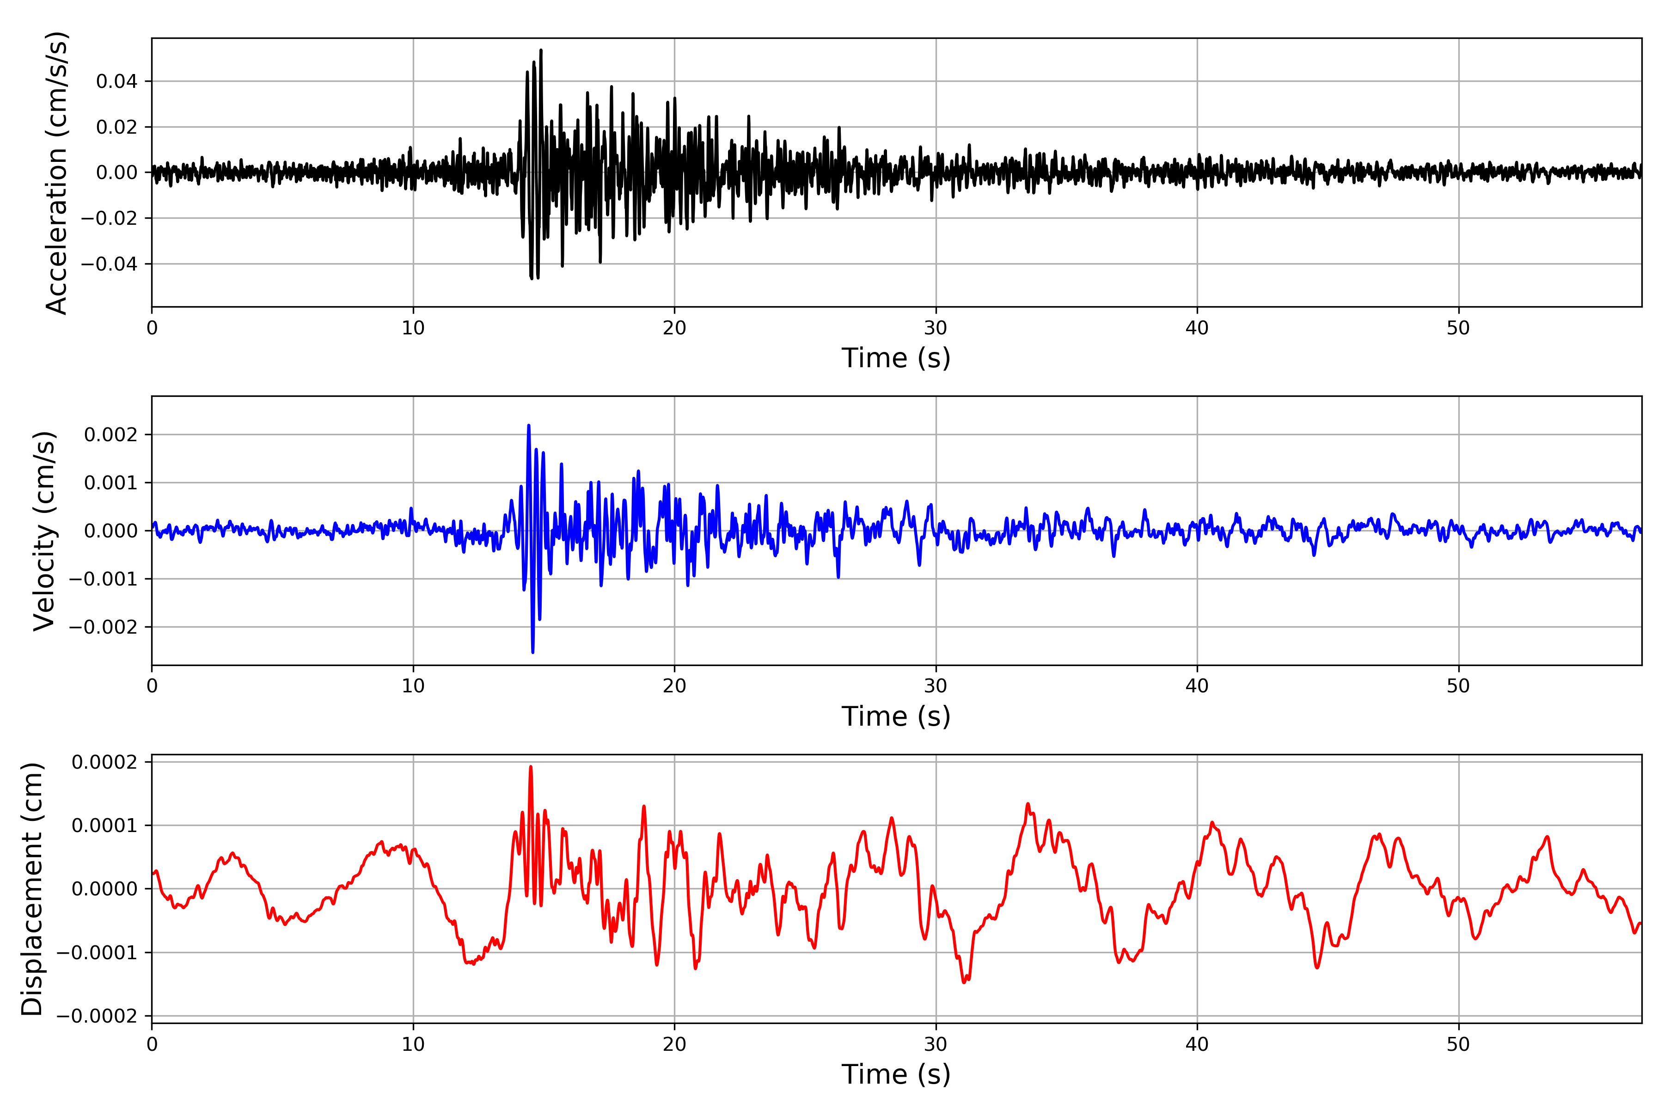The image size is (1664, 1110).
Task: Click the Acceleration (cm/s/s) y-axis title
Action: (56, 172)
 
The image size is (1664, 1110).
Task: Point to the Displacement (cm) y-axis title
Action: (32, 888)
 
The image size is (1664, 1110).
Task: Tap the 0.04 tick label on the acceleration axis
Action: (117, 81)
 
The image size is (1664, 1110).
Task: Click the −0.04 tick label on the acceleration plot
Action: (109, 264)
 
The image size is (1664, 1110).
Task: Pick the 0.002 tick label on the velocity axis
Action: (110, 435)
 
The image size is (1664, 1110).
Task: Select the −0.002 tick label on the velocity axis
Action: (103, 627)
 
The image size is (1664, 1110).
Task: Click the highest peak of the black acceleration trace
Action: (541, 50)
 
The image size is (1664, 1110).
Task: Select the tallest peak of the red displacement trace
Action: (531, 767)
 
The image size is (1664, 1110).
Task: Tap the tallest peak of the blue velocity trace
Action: (528, 425)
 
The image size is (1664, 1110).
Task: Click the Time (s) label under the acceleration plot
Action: (896, 358)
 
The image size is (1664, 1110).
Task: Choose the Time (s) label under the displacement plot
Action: (896, 1074)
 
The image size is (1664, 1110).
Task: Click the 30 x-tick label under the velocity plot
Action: (935, 686)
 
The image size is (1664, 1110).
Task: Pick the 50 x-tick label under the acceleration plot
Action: (1458, 328)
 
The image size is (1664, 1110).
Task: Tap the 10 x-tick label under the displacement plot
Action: (413, 1044)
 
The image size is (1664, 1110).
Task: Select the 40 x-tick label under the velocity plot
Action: (1197, 686)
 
